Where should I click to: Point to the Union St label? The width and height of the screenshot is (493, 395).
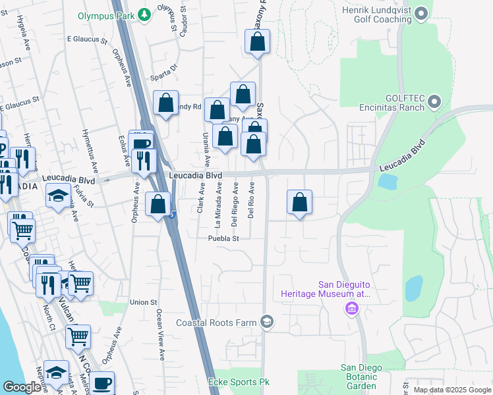click(x=143, y=302)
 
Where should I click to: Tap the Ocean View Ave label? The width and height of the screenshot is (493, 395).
click(x=160, y=335)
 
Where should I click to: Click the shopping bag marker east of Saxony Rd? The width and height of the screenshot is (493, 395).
click(x=300, y=203)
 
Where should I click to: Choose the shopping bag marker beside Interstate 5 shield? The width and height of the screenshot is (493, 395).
click(x=158, y=205)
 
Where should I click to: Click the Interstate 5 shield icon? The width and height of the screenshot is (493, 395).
click(x=173, y=214)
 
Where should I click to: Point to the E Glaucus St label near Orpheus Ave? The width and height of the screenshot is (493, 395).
click(x=87, y=40)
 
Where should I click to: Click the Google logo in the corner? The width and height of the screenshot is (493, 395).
click(x=22, y=387)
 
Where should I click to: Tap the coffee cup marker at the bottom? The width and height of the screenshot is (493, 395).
click(x=101, y=383)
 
